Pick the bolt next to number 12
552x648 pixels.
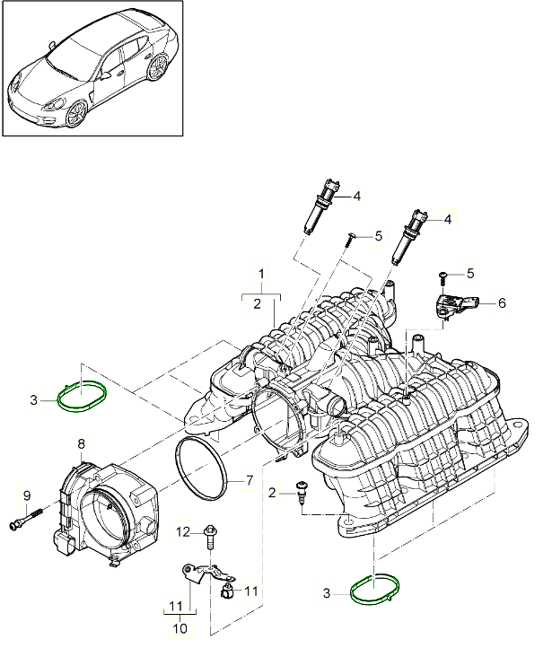pyautogui.click(x=210, y=537)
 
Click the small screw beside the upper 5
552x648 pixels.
pyautogui.click(x=351, y=236)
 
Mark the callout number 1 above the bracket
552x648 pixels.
pyautogui.click(x=261, y=272)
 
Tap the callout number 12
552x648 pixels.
pyautogui.click(x=183, y=532)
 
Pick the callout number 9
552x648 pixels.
pyautogui.click(x=26, y=495)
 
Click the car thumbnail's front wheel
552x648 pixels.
pyautogui.click(x=75, y=110)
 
